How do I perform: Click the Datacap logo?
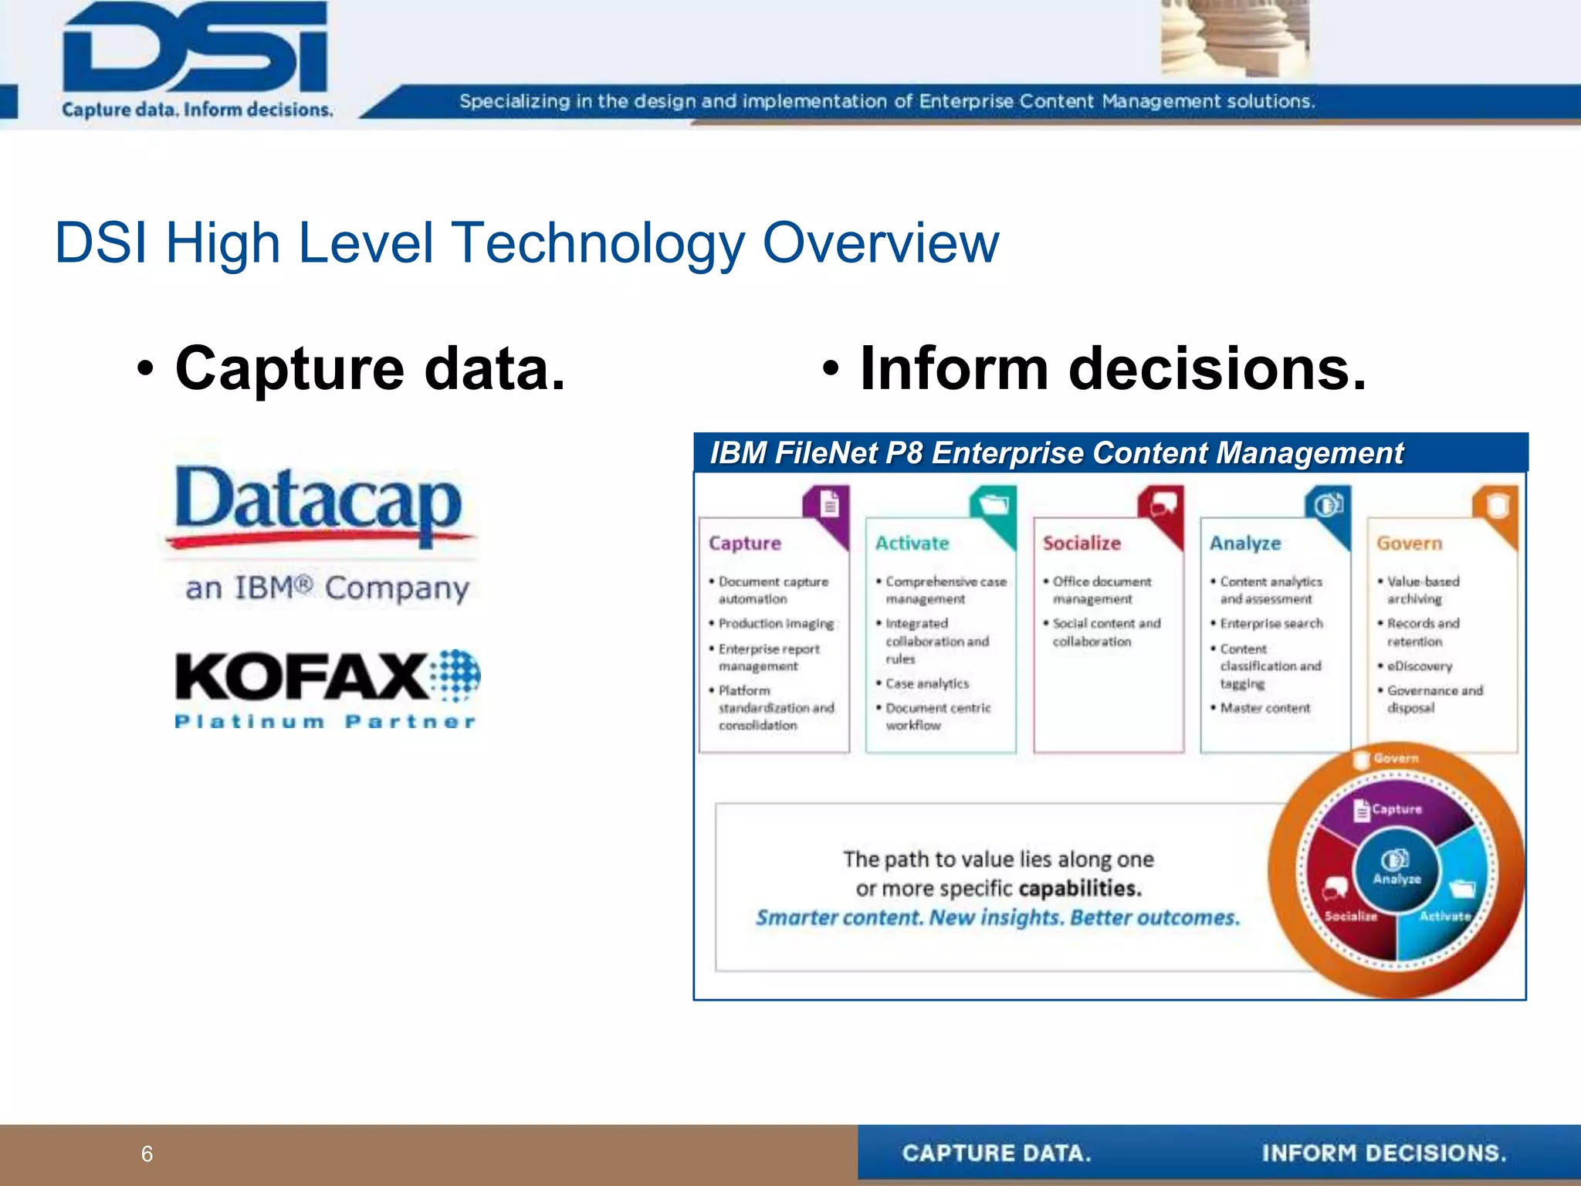(x=318, y=504)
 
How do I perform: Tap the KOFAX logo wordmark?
(x=301, y=676)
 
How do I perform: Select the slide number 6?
(x=147, y=1154)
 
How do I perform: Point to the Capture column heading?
(x=744, y=544)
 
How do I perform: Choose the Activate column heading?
(x=912, y=544)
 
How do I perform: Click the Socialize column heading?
(x=1081, y=544)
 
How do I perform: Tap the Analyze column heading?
(x=1244, y=544)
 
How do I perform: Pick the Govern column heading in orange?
(x=1409, y=544)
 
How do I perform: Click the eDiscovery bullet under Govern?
(x=1419, y=666)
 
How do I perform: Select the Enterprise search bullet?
(x=1271, y=623)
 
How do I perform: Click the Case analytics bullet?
(x=926, y=683)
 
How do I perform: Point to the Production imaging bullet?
(x=775, y=623)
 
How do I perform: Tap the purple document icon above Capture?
(x=829, y=506)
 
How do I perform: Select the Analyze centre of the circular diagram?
(x=1396, y=866)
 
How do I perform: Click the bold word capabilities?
(x=1079, y=889)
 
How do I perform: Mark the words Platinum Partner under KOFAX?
(x=325, y=722)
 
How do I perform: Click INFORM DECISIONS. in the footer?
(x=1383, y=1154)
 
